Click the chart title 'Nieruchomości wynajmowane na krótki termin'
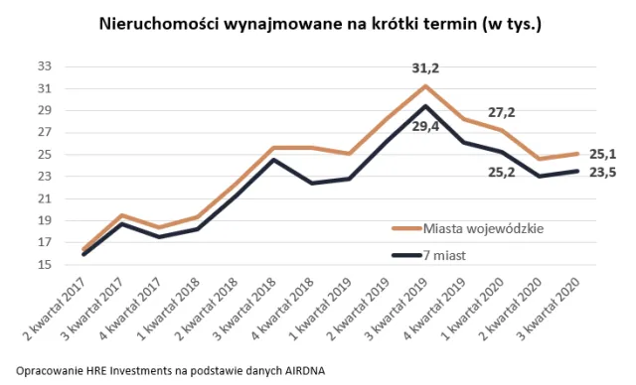pyautogui.click(x=318, y=22)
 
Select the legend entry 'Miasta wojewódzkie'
pyautogui.click(x=485, y=229)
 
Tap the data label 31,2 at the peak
pyautogui.click(x=427, y=68)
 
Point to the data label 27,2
pyautogui.click(x=503, y=112)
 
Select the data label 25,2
pyautogui.click(x=503, y=170)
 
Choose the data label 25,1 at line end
pyautogui.click(x=602, y=154)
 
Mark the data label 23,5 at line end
pyautogui.click(x=602, y=172)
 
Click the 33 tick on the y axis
pyautogui.click(x=44, y=66)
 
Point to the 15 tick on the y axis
pyautogui.click(x=44, y=265)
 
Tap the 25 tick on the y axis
pyautogui.click(x=44, y=155)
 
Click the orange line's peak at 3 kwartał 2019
pyautogui.click(x=426, y=85)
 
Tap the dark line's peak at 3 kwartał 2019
pyautogui.click(x=426, y=106)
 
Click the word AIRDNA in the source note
pyautogui.click(x=298, y=370)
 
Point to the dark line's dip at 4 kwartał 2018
pyautogui.click(x=312, y=183)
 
